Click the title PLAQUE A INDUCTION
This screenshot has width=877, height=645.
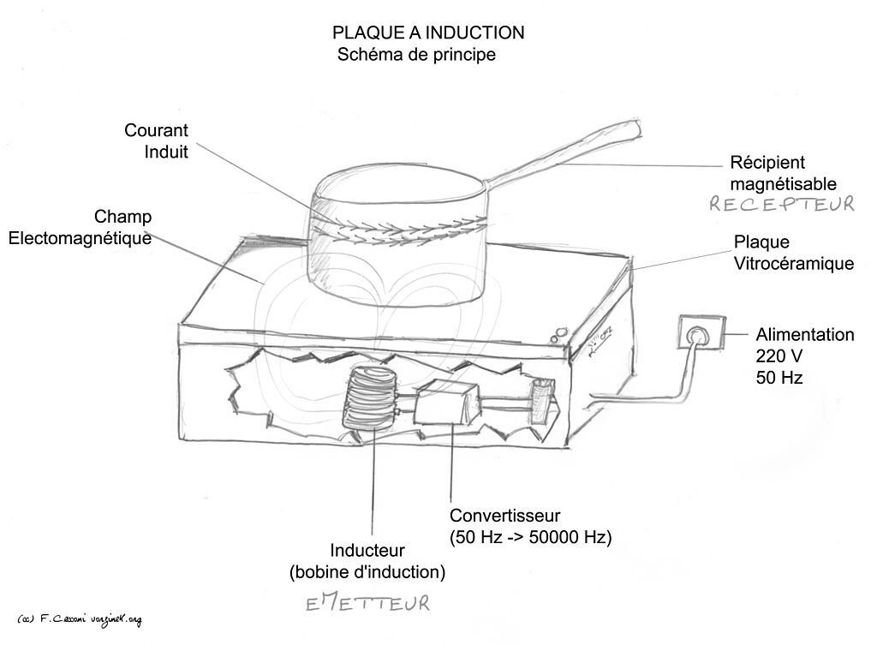tap(428, 33)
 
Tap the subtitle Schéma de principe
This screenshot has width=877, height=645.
tap(416, 55)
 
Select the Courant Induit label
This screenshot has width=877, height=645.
tap(156, 141)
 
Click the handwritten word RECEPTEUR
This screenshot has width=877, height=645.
tap(780, 204)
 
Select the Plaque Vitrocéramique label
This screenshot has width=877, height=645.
tap(793, 253)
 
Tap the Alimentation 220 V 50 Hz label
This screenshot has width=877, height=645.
tap(804, 355)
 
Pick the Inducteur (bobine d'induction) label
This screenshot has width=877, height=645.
tap(367, 560)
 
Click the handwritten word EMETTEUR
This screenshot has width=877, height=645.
tap(367, 604)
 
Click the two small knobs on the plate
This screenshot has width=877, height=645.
tap(560, 333)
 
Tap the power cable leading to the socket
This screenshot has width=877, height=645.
tap(651, 390)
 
